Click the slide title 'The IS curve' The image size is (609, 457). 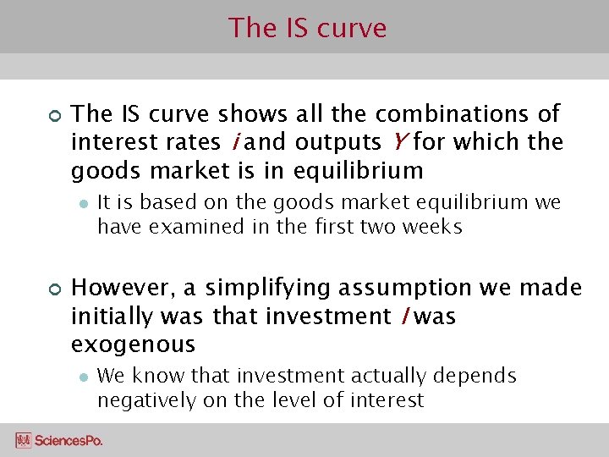[307, 28]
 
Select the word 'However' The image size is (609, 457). [124, 289]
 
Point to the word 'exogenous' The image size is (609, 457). [134, 345]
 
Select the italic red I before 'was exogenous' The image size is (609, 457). [406, 317]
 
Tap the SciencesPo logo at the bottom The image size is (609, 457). [59, 440]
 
